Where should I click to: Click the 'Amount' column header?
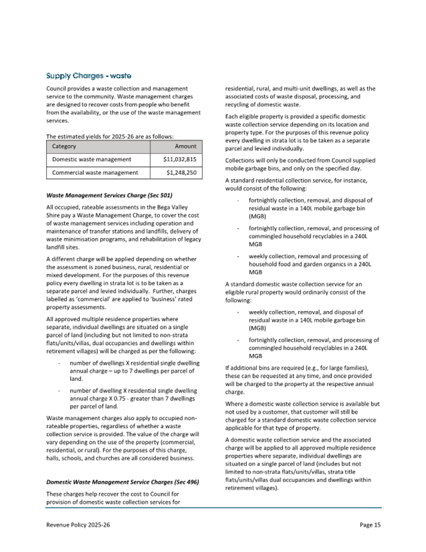coord(184,146)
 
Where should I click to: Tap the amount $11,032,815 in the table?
coord(180,159)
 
